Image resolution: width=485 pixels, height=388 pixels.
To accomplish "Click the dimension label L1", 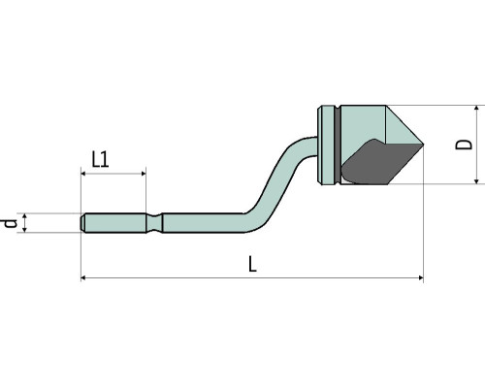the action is click(100, 159).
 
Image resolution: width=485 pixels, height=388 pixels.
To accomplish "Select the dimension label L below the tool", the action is click(252, 264).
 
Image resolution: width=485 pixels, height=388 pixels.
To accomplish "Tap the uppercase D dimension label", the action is click(464, 145).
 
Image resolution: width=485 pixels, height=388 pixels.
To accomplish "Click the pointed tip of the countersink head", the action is click(423, 145).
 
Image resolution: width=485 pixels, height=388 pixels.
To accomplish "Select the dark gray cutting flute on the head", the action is click(378, 163).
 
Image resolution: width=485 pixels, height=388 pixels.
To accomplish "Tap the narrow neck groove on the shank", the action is click(154, 223).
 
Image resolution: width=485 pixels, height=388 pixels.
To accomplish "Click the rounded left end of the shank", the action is click(82, 223).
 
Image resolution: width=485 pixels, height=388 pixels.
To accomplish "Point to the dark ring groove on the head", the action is click(338, 145).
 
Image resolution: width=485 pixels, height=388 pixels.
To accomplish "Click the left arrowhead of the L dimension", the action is click(82, 277).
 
